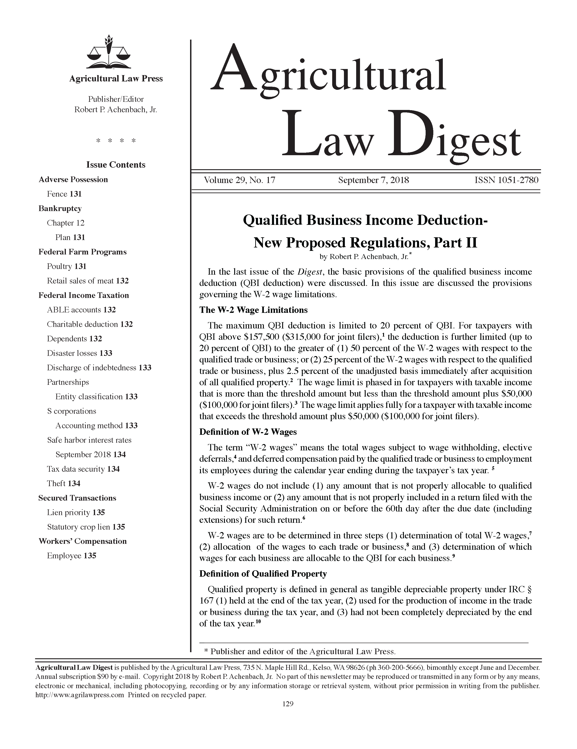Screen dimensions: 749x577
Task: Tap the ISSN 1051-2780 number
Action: pos(506,180)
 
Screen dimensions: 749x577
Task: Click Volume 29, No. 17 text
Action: pos(239,180)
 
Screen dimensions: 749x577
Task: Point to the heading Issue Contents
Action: pos(116,165)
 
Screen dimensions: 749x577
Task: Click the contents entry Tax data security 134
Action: pos(83,469)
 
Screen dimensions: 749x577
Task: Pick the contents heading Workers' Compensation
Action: pos(82,541)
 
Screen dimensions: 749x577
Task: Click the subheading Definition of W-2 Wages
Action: pos(248,432)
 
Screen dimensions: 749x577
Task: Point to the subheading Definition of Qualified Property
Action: pos(263,574)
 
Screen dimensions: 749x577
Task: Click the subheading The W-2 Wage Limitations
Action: pos(253,310)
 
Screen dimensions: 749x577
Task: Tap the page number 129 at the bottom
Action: pos(288,704)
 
